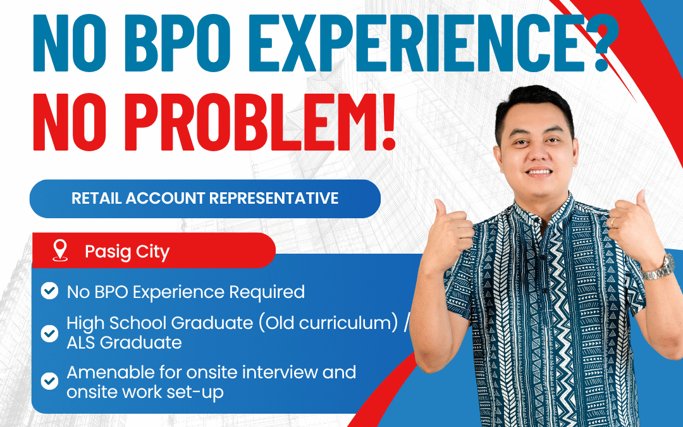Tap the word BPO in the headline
click(x=178, y=42)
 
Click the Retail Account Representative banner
click(x=205, y=199)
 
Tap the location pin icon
click(x=60, y=251)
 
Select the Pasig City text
click(x=126, y=252)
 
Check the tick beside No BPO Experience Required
click(x=50, y=290)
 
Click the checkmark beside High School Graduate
click(x=50, y=333)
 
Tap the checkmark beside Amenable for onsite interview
click(x=50, y=381)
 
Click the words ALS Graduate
click(x=124, y=343)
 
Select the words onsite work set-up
click(x=145, y=392)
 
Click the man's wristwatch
click(x=660, y=267)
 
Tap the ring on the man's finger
click(x=612, y=222)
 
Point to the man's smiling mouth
click(x=539, y=171)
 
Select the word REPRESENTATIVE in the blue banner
click(x=274, y=199)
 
